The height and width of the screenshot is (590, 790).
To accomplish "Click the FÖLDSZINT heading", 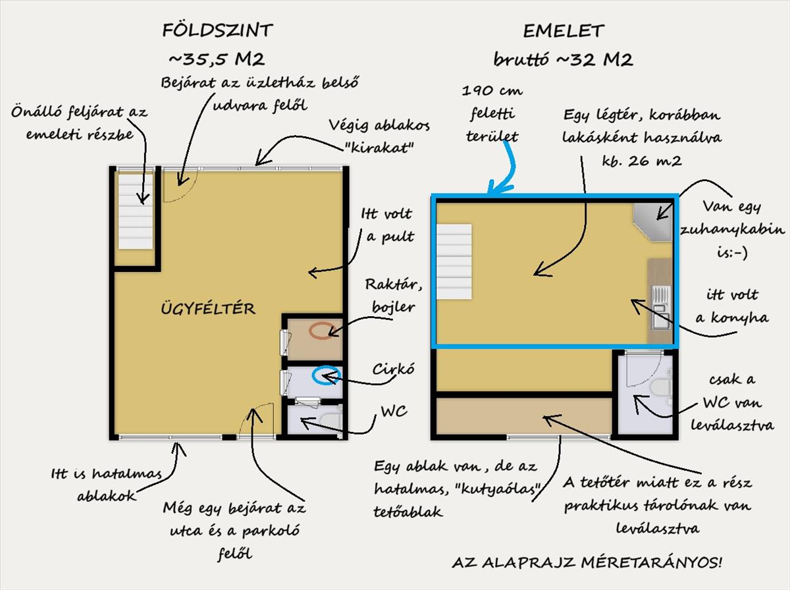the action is click(218, 30).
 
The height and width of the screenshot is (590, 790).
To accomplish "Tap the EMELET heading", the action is click(564, 32).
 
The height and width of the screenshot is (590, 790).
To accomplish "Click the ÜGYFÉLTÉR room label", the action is click(208, 309).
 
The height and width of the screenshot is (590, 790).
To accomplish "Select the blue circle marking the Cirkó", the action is click(326, 375).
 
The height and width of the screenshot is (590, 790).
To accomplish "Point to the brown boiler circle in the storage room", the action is click(323, 331).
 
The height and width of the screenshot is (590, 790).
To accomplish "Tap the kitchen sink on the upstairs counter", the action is click(661, 307).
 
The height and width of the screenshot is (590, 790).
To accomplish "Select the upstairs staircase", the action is click(454, 261).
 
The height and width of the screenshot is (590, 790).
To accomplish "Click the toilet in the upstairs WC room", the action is click(661, 388).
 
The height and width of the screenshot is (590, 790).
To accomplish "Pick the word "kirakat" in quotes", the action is click(379, 147).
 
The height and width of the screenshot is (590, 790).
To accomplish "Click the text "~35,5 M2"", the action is click(217, 59).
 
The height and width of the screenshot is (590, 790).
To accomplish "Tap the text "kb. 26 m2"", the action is click(642, 161).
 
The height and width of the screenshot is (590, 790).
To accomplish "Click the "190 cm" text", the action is click(492, 90).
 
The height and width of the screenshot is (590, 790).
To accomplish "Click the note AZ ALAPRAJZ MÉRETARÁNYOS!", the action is click(587, 562).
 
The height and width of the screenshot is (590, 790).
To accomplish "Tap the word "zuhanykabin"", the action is click(733, 230).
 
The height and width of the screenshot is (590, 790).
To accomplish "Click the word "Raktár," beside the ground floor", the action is click(394, 284).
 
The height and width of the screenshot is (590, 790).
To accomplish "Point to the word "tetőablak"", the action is click(408, 512).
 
